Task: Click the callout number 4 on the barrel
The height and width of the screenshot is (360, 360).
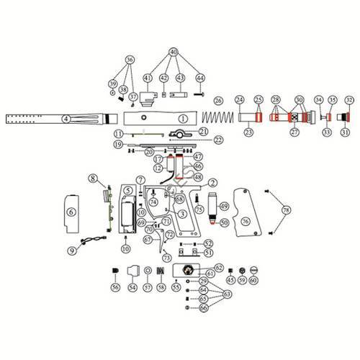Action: pyautogui.click(x=66, y=117)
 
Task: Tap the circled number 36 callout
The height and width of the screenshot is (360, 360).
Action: pyautogui.click(x=130, y=59)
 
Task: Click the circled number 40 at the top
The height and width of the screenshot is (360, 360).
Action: pyautogui.click(x=174, y=52)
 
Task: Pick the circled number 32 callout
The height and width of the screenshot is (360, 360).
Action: pyautogui.click(x=349, y=99)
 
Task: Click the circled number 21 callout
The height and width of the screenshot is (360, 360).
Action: pyautogui.click(x=203, y=131)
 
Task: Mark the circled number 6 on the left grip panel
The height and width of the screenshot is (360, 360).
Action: pyautogui.click(x=71, y=212)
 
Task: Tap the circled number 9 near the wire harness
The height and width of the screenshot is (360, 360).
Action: pyautogui.click(x=71, y=251)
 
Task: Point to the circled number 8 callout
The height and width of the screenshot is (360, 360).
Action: pyautogui.click(x=93, y=178)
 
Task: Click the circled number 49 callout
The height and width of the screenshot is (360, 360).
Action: pyautogui.click(x=225, y=207)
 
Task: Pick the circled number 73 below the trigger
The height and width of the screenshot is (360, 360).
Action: pyautogui.click(x=168, y=257)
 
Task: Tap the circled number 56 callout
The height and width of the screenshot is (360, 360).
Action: pyautogui.click(x=114, y=287)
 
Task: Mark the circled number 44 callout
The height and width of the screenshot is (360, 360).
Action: pyautogui.click(x=199, y=78)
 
